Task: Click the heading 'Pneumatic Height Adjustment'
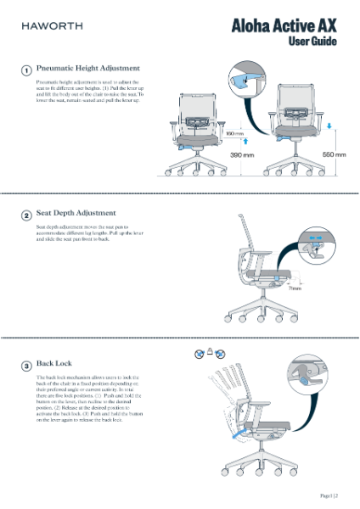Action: [88, 68]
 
